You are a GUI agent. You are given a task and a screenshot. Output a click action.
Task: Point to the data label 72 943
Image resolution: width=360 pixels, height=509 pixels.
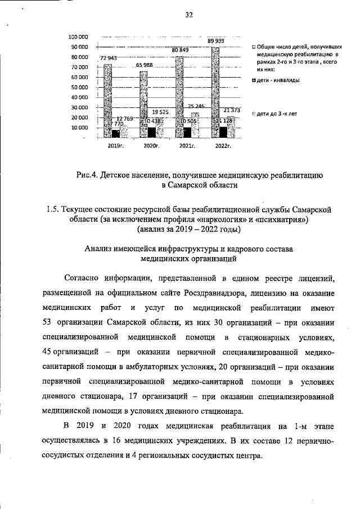[x=109, y=58]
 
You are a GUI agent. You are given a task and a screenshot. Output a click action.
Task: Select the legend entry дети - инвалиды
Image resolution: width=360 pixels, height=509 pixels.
[x=275, y=80]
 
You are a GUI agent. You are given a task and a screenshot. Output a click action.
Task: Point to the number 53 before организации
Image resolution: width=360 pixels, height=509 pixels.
[x=47, y=324]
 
